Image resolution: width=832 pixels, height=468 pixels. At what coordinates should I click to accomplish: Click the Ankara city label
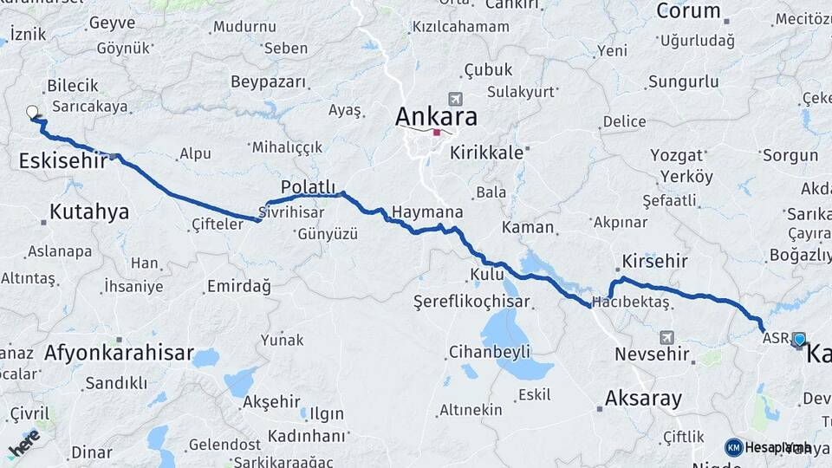[436, 116]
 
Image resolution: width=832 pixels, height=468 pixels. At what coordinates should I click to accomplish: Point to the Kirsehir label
[654, 261]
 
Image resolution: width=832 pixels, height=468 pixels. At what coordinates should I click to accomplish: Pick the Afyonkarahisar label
[118, 353]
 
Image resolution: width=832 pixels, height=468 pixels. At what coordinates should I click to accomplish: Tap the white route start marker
[33, 112]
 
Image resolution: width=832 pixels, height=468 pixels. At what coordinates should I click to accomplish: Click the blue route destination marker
[799, 340]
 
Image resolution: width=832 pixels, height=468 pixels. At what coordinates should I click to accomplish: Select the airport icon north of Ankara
[456, 99]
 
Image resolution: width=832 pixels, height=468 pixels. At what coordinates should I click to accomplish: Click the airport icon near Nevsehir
[666, 336]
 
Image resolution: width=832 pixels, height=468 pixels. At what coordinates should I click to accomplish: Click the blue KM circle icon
[734, 447]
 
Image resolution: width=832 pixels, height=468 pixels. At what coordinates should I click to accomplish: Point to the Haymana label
[427, 211]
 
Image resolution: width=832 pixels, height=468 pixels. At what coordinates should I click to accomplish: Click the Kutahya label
[89, 211]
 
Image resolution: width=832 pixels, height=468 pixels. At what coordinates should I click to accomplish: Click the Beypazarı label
[269, 82]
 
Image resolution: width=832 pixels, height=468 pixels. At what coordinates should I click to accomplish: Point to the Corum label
[689, 11]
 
